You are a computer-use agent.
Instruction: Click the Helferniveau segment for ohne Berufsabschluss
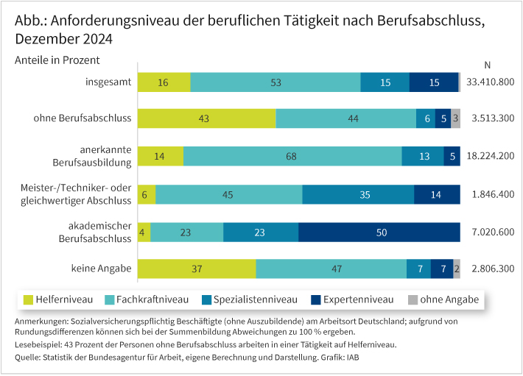coord(206,118)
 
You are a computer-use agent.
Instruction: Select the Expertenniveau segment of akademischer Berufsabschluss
coord(379,232)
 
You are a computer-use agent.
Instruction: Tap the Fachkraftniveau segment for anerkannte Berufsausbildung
coord(292,156)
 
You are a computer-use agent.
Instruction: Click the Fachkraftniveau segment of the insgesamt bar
coord(275,82)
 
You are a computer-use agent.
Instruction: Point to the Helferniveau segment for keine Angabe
coord(197,269)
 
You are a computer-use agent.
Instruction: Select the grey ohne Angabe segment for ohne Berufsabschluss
coord(456,118)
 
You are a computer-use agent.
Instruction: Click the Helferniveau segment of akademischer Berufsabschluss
coord(144,232)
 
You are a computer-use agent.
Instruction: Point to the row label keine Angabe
coord(102,269)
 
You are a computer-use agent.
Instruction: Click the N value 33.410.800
coord(490,82)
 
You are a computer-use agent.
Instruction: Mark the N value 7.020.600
coord(490,232)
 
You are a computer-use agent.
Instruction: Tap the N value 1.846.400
coord(490,194)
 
